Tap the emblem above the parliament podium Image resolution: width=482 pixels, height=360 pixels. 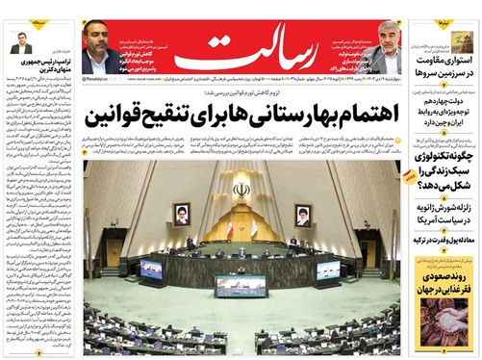click(241, 190)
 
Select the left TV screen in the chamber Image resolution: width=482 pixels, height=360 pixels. click(151, 268)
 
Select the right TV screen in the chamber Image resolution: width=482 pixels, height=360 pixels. click(328, 269)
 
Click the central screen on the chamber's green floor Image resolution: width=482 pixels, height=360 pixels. click(241, 285)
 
